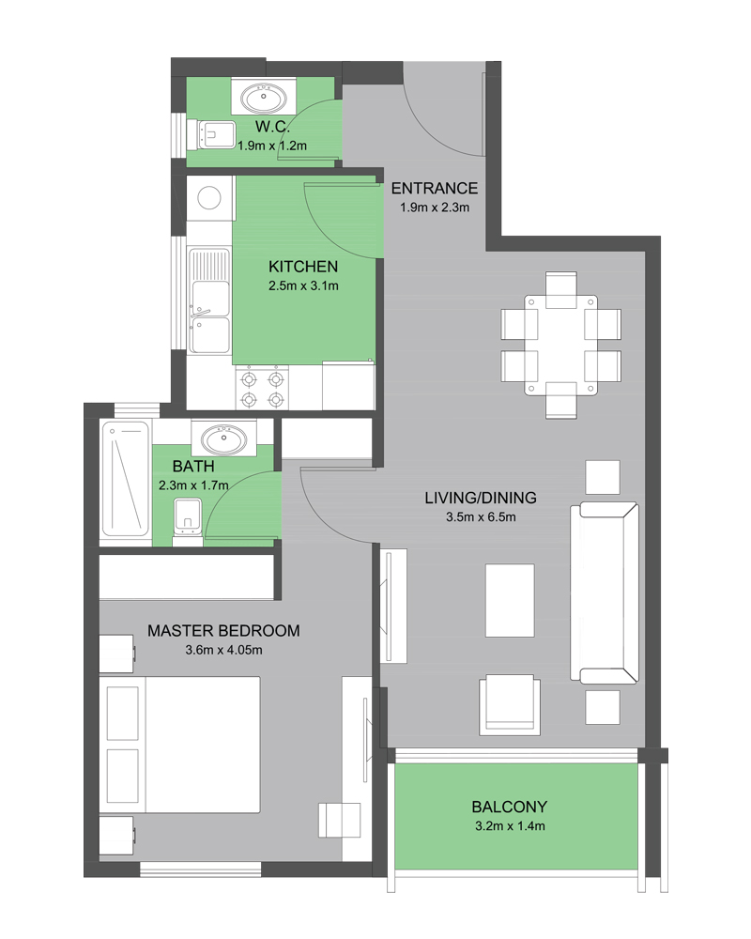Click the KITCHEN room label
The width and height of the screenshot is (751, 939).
tap(303, 267)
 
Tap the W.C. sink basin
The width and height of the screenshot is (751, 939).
tap(263, 98)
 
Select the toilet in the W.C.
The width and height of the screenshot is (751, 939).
tap(211, 133)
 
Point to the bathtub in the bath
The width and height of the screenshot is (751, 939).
tap(126, 479)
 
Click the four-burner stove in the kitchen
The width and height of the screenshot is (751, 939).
tap(262, 389)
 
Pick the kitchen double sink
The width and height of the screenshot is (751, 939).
tap(209, 300)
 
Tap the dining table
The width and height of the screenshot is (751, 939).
tap(561, 346)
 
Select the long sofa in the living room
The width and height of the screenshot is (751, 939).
tap(605, 593)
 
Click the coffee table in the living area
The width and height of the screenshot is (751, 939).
tap(510, 600)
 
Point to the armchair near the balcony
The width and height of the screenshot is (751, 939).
tap(510, 705)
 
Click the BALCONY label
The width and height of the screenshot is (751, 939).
tap(509, 807)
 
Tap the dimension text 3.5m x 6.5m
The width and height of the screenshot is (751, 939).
tap(481, 516)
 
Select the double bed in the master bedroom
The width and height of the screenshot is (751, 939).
tap(179, 745)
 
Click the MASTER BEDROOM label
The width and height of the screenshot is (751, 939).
tap(223, 631)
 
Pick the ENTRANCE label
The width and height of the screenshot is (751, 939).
tap(435, 188)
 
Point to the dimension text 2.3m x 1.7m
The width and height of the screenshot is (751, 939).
tap(193, 485)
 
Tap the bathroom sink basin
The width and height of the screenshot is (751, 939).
tap(223, 439)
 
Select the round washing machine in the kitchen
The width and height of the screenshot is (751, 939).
tap(209, 197)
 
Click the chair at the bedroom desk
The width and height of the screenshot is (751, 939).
tap(340, 820)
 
